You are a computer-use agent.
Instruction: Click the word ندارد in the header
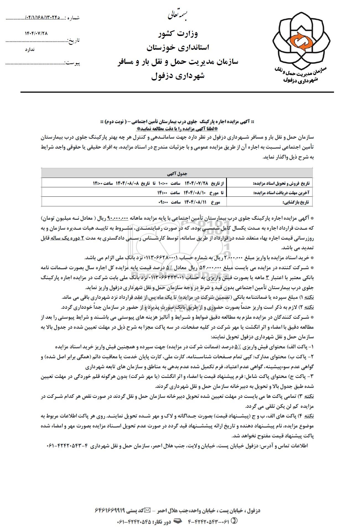point(30,50)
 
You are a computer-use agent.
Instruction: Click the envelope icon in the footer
point(148,510)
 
